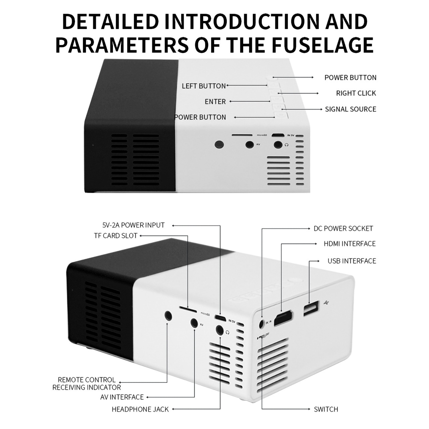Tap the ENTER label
(x=215, y=102)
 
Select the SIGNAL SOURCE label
(x=350, y=109)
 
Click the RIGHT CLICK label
(x=356, y=93)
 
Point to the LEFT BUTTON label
(x=204, y=86)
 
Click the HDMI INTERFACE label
(x=349, y=244)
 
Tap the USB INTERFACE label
(x=352, y=261)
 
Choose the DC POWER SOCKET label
(x=343, y=228)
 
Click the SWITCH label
(x=326, y=409)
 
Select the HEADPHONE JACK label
(x=140, y=409)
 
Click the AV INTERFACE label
(x=122, y=397)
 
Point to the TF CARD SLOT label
(x=116, y=236)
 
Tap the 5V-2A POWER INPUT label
(x=133, y=225)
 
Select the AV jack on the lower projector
(x=194, y=322)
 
